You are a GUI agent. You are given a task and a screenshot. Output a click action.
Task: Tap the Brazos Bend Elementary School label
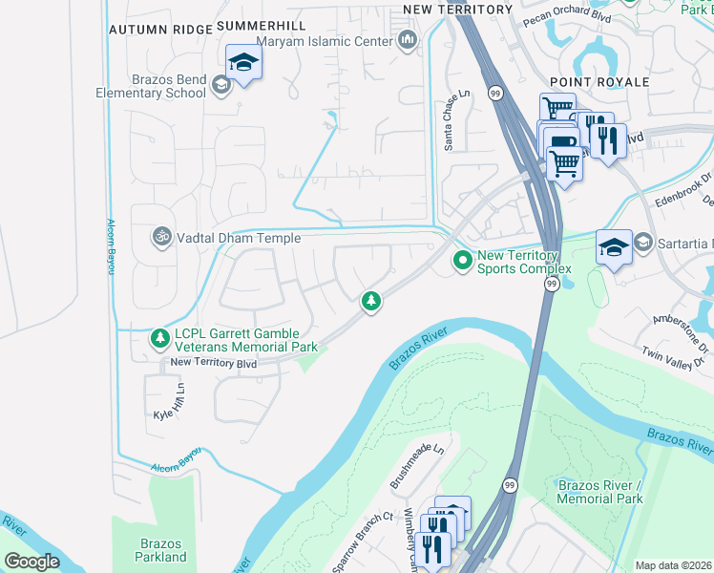click(151, 86)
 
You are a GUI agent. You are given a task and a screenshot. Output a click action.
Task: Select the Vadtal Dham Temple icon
click(162, 235)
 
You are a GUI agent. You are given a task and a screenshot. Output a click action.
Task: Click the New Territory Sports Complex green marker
click(463, 259)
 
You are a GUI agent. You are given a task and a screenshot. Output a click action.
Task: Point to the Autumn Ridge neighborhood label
click(159, 30)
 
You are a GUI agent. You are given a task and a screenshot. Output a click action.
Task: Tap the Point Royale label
click(599, 82)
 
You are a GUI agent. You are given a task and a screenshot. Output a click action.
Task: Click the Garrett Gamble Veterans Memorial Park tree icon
click(159, 338)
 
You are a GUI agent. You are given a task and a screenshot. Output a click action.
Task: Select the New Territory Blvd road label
click(214, 363)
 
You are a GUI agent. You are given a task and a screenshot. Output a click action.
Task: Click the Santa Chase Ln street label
click(455, 120)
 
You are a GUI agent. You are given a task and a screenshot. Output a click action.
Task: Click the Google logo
click(32, 562)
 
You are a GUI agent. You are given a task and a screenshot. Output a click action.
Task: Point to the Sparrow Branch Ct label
click(363, 543)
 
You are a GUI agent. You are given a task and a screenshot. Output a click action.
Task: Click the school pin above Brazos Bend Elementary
click(243, 63)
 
